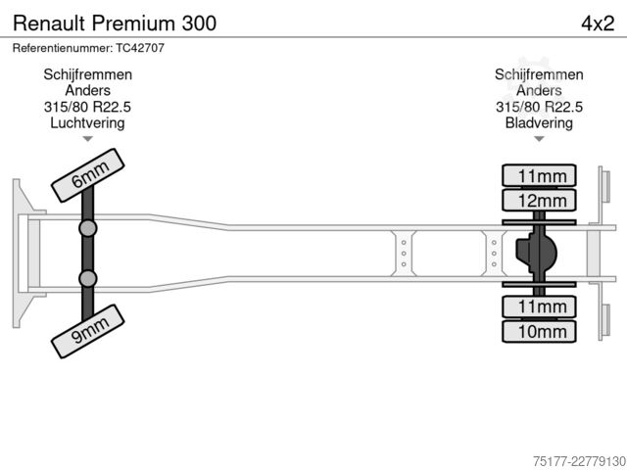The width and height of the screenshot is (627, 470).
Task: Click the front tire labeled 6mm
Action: point(88,175)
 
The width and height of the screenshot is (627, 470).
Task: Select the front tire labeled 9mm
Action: point(88,331)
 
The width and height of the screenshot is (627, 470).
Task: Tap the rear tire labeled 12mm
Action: point(539,200)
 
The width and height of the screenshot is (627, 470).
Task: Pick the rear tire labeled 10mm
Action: point(539,331)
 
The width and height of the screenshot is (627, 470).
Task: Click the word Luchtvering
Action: point(87,122)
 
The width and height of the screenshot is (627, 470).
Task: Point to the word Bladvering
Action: point(539,122)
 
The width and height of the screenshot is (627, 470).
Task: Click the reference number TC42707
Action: point(140,48)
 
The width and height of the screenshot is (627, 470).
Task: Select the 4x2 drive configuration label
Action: point(598,23)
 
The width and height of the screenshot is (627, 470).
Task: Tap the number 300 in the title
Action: point(199,23)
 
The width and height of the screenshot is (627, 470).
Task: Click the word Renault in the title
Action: point(49,23)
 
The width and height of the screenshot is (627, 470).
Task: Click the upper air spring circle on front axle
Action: point(88,228)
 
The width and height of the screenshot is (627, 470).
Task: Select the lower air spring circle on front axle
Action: point(88,278)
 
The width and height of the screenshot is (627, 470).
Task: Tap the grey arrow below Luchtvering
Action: point(87,139)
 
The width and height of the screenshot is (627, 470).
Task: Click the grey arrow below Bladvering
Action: point(539,139)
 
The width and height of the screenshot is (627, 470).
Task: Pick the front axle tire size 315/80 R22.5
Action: point(87,107)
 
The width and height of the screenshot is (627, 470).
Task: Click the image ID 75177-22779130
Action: point(579,461)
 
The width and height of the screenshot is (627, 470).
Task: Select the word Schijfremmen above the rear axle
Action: point(539,74)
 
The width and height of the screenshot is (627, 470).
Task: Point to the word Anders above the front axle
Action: point(87,90)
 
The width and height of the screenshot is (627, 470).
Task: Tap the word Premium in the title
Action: point(134,23)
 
